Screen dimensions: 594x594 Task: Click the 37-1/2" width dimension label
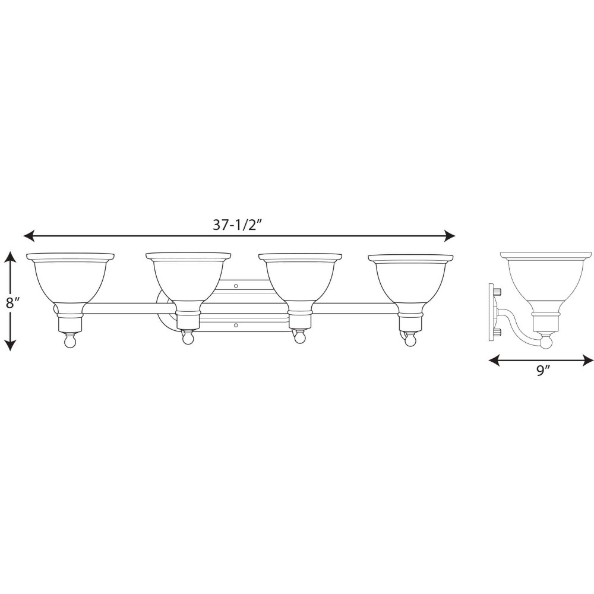tap(238, 225)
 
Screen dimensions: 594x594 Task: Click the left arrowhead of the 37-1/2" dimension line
tap(29, 236)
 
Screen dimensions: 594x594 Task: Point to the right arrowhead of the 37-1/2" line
tap(450, 236)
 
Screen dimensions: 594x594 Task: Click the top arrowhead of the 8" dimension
tap(11, 258)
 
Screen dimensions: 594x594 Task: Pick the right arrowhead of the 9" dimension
tap(588, 361)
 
